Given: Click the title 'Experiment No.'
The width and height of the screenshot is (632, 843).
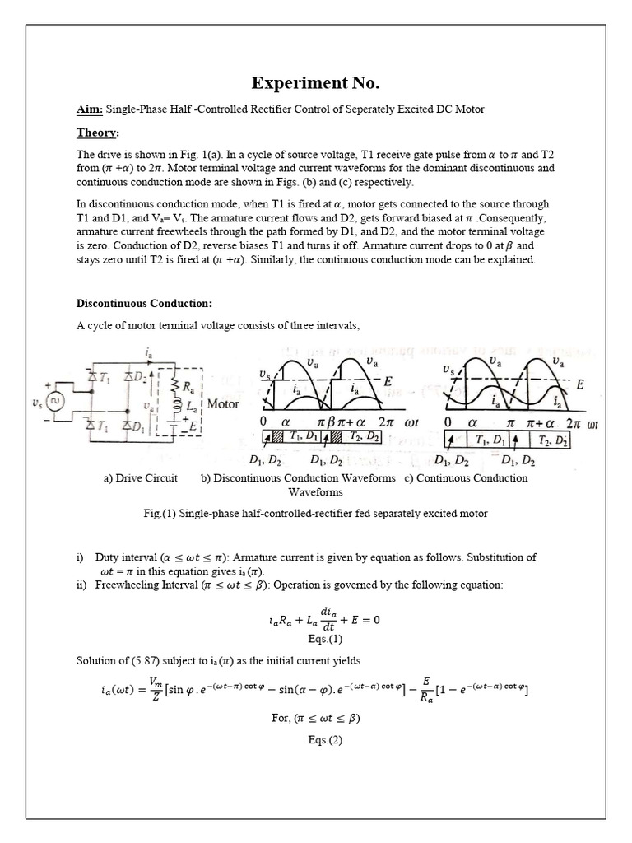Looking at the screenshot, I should (316, 85).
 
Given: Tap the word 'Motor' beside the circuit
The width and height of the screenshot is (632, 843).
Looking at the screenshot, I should (223, 404).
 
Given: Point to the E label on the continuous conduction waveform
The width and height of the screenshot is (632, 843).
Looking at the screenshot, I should (581, 384).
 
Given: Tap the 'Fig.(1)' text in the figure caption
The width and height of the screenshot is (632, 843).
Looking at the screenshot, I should (160, 514).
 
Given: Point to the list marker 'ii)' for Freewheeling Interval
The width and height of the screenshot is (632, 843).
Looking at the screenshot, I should (83, 585).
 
